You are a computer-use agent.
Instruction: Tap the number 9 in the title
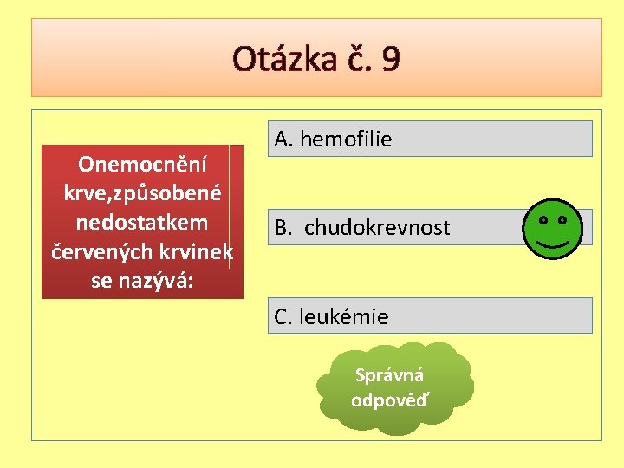390,60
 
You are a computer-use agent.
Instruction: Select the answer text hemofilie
346,139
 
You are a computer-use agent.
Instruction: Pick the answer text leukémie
344,317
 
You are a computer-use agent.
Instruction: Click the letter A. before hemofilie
284,139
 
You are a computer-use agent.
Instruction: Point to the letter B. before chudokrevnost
283,228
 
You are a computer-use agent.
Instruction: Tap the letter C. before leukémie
284,317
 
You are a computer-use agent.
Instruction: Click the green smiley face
552,228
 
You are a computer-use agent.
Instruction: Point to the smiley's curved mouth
552,244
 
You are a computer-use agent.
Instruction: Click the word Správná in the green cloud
389,376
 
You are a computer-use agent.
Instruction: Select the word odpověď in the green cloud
389,400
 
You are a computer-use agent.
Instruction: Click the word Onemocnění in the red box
140,163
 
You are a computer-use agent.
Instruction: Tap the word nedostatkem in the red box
142,223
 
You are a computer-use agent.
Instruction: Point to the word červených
96,252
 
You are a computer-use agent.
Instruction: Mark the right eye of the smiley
562,220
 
